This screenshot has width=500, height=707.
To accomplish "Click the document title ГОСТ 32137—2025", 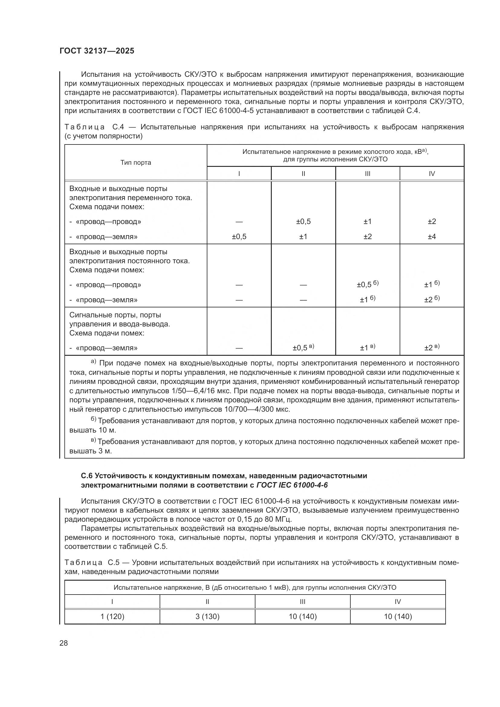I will [x=97, y=51].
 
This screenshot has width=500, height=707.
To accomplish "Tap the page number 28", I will [x=63, y=643].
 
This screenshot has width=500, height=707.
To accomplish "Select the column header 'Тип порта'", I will [x=135, y=163].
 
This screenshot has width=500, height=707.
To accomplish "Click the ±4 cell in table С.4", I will [x=432, y=236].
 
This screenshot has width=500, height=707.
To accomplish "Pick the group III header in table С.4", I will [x=367, y=174].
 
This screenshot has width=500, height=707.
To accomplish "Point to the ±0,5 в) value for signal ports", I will [x=303, y=348].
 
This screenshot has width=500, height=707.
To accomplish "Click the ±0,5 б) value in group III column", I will [x=367, y=284].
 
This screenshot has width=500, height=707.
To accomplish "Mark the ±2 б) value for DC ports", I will [x=432, y=300].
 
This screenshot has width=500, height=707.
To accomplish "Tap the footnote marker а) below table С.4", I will [x=93, y=362].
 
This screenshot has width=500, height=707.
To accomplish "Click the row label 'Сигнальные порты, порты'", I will [x=115, y=315].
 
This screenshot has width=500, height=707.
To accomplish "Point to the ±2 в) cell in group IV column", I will [x=432, y=348].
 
